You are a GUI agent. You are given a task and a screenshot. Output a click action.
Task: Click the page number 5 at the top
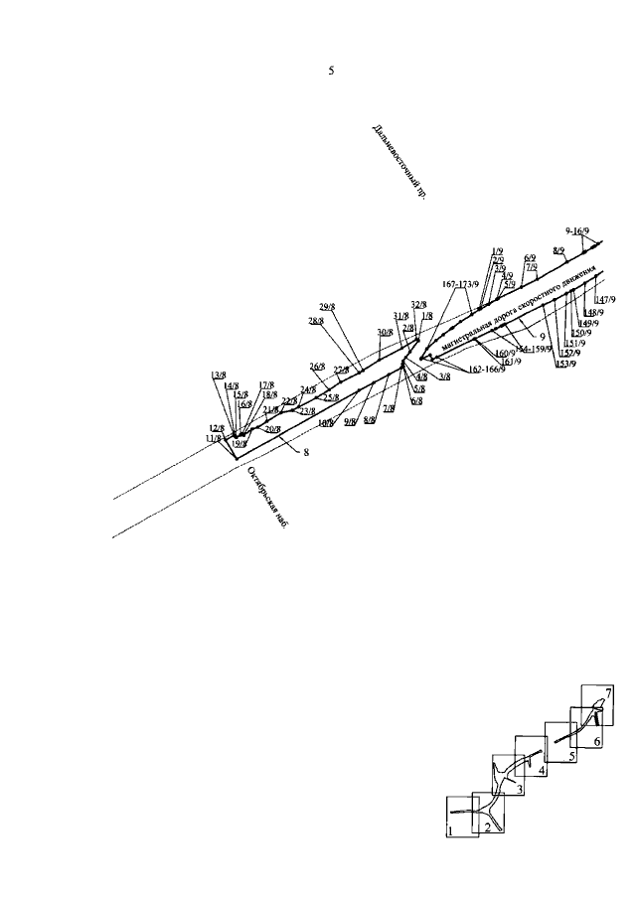pyautogui.click(x=331, y=73)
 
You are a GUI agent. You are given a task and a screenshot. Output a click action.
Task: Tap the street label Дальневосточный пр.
pyautogui.click(x=399, y=162)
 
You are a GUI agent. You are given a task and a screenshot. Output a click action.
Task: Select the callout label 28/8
pyautogui.click(x=316, y=321)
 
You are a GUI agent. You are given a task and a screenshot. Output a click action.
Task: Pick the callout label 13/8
pyautogui.click(x=219, y=375)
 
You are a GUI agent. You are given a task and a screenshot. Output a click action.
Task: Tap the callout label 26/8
pyautogui.click(x=318, y=366)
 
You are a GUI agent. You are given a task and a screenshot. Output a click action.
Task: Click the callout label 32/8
pyautogui.click(x=418, y=305)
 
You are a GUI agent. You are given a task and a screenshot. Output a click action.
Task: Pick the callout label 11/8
pyautogui.click(x=213, y=438)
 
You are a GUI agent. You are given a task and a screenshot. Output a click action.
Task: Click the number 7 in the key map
pyautogui.click(x=608, y=690)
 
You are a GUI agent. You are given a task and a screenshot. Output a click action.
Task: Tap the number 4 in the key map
pyautogui.click(x=542, y=769)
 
